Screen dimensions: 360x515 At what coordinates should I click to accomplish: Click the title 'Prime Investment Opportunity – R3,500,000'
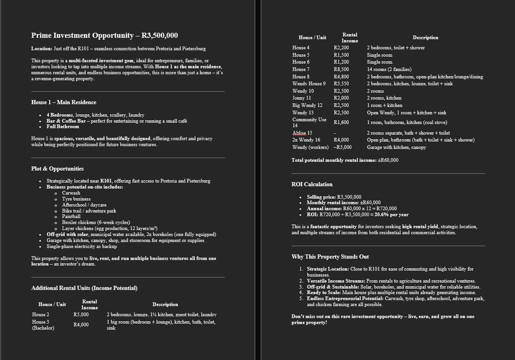click(105, 35)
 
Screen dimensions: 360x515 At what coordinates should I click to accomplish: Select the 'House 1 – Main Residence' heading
click(64, 102)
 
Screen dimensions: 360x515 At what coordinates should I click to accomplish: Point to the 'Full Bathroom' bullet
click(63, 126)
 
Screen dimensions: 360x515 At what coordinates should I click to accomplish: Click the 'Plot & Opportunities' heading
click(57, 169)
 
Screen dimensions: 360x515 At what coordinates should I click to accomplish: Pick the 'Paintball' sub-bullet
click(71, 216)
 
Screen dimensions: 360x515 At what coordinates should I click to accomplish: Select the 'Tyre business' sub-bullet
click(76, 199)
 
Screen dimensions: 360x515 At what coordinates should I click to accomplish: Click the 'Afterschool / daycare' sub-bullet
click(84, 205)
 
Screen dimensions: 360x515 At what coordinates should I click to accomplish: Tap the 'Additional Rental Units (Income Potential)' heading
click(84, 288)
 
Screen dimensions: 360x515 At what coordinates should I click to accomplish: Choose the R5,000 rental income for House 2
click(81, 314)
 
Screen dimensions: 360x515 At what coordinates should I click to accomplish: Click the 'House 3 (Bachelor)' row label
click(43, 325)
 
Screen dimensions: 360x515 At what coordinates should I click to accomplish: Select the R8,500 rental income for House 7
click(341, 69)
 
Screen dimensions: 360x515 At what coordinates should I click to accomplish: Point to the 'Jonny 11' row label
click(302, 98)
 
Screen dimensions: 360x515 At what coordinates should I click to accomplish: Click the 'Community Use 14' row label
click(309, 122)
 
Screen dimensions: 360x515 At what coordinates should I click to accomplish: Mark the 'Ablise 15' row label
click(302, 133)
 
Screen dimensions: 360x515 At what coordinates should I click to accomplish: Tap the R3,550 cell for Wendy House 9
click(341, 83)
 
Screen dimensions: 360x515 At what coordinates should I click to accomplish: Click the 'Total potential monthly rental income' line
click(345, 160)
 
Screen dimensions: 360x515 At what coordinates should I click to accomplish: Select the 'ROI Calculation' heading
click(312, 184)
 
